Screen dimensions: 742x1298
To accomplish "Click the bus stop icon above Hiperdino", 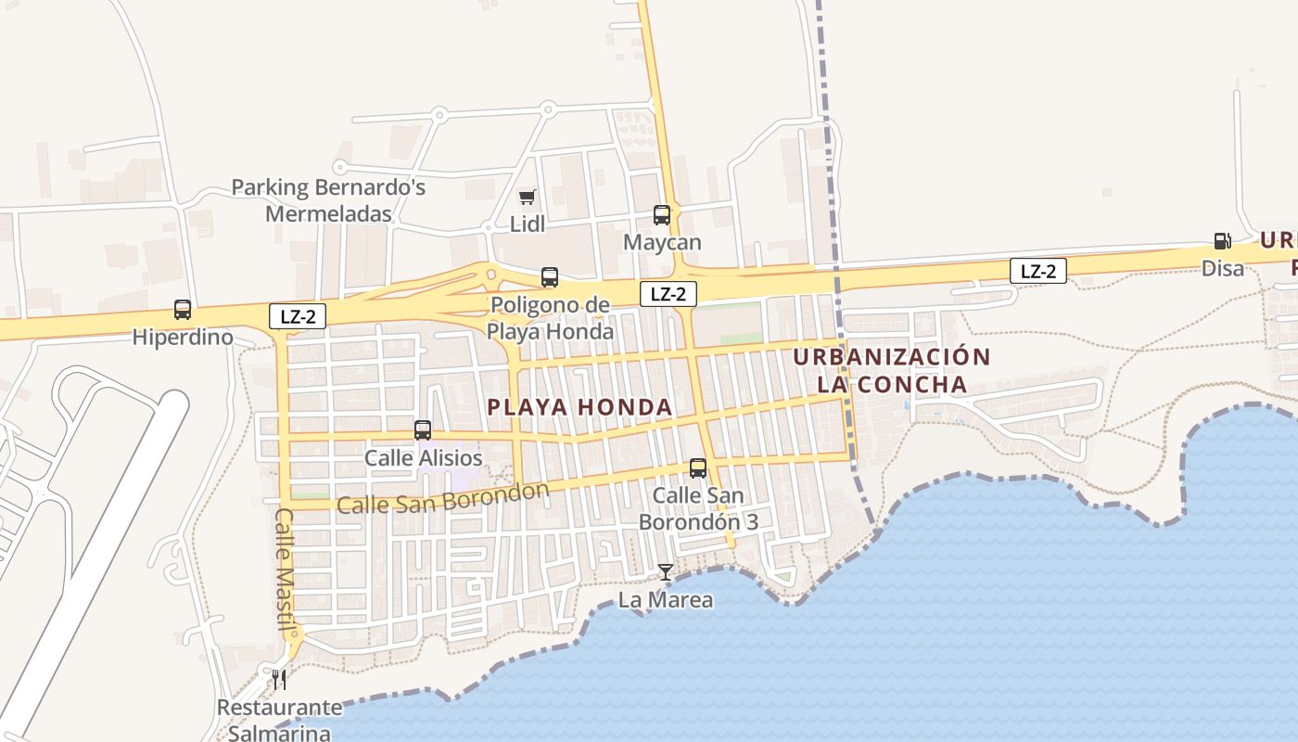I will (183, 310).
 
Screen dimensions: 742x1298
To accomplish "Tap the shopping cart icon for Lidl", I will (527, 197).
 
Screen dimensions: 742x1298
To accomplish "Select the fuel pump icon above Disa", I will (1222, 241).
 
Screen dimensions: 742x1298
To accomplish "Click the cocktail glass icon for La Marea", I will (665, 572).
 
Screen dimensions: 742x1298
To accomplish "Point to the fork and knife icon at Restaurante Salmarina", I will (278, 680).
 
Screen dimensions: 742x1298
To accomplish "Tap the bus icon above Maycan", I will (661, 215).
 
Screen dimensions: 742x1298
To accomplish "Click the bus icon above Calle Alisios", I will (423, 430).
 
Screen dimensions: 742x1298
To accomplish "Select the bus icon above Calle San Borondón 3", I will (698, 468).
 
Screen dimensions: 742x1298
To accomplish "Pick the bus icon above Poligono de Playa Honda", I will (550, 277).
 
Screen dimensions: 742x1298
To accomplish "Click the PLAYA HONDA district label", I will (579, 407).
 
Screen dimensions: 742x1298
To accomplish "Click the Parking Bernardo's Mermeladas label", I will (328, 200).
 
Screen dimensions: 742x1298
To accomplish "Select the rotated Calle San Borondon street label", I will (443, 498).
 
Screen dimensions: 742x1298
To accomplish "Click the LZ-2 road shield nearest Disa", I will (1037, 271).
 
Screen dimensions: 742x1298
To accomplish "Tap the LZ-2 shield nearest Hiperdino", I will (298, 316).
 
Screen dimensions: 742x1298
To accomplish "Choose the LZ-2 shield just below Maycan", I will (668, 294).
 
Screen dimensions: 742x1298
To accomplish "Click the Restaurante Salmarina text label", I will (279, 720).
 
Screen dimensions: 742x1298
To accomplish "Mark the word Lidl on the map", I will (527, 224).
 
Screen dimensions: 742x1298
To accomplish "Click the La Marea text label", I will (666, 600).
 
